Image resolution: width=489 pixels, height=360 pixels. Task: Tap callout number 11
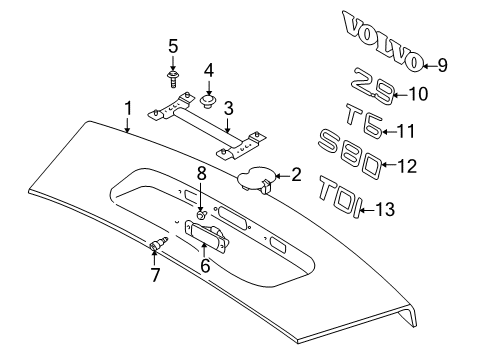406,130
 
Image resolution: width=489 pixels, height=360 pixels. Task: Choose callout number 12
407,165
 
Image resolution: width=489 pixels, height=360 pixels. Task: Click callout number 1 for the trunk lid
127,107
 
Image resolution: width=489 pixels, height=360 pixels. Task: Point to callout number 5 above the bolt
172,46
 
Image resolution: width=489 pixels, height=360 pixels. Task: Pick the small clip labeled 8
200,214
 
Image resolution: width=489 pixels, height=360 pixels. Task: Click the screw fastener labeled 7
155,246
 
